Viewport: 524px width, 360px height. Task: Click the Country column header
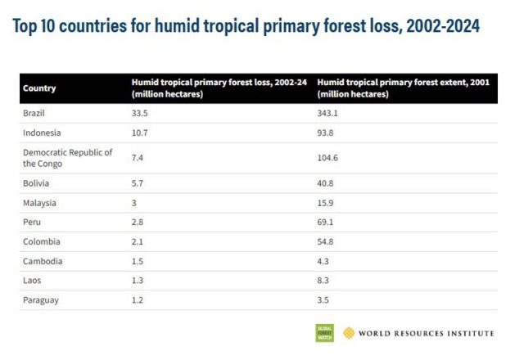point(39,88)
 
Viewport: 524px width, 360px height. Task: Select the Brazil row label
point(34,113)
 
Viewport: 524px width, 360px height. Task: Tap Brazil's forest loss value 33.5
point(140,113)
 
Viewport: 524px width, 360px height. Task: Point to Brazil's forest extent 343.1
point(327,113)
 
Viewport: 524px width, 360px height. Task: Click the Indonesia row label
point(42,133)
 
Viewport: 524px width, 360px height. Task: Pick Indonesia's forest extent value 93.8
point(325,133)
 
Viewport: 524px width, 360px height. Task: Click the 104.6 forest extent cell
point(327,158)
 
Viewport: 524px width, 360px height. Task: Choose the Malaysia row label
point(40,203)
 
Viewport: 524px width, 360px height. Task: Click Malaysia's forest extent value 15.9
point(325,203)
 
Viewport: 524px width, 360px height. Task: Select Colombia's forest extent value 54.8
point(325,242)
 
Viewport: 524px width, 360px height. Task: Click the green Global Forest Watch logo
point(325,333)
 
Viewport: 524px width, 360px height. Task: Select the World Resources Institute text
point(426,334)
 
